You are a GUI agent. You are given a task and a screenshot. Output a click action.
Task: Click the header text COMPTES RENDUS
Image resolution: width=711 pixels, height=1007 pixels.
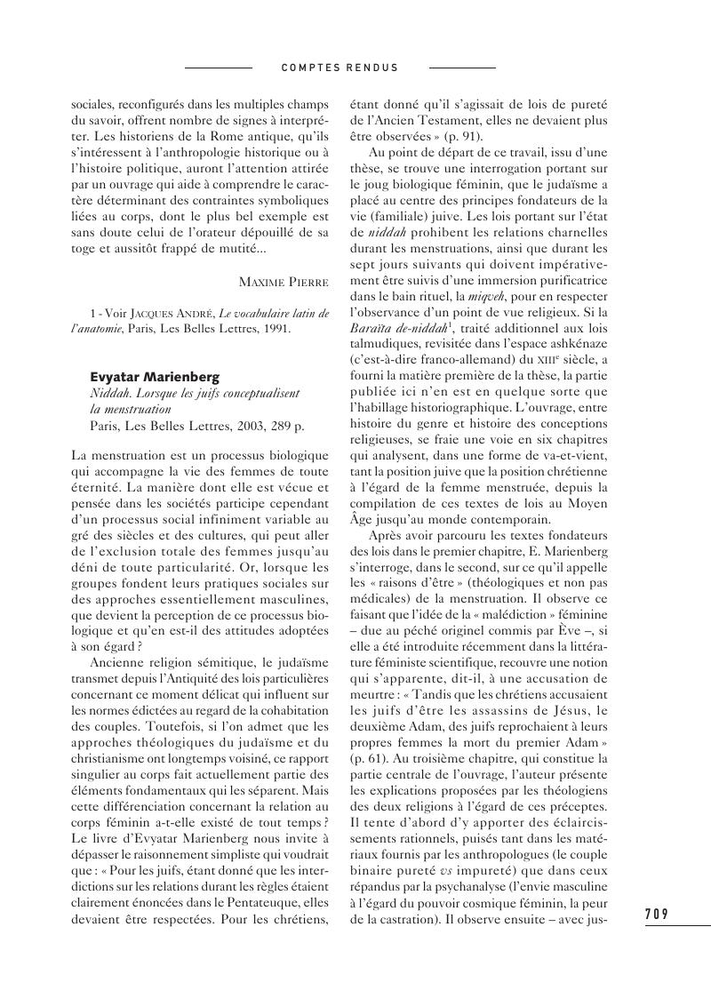[x=340, y=68]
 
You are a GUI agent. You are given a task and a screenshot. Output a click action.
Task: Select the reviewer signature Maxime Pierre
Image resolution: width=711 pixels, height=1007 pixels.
[x=284, y=282]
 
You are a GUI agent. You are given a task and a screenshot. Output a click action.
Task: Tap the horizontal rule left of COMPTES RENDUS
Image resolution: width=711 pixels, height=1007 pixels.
[x=218, y=68]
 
